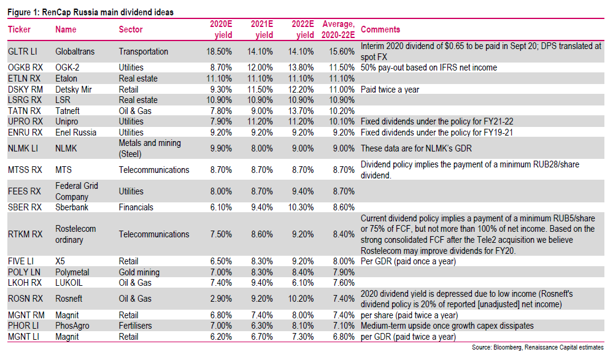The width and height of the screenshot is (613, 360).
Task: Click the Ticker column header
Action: point(19,29)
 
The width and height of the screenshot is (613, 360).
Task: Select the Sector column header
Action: point(131,29)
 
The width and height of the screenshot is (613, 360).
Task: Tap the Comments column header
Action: point(380,29)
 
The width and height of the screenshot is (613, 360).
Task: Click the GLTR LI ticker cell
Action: point(23,52)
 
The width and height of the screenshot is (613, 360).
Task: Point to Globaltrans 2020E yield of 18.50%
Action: point(219,52)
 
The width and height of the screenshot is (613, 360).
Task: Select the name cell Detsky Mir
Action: point(74,90)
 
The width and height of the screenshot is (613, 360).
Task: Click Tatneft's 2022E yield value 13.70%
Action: point(301,111)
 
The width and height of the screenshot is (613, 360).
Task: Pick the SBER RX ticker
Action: point(25,207)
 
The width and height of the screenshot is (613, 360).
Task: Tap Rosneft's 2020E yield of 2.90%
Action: point(222,299)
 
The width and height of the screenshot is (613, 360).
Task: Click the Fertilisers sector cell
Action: point(135,326)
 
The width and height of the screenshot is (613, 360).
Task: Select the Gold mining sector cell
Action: point(139,272)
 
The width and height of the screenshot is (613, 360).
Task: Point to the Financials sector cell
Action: point(136,207)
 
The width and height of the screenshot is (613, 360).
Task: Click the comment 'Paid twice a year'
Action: point(390,90)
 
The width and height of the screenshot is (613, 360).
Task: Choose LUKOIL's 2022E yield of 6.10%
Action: point(303,283)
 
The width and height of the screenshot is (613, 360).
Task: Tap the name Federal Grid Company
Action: point(77,191)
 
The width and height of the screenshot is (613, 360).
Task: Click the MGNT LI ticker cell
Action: point(23,337)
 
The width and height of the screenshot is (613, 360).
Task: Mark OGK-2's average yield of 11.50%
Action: point(342,67)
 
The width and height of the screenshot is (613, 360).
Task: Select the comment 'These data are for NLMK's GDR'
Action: point(417,148)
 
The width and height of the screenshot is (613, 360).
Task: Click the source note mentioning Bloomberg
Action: point(538,347)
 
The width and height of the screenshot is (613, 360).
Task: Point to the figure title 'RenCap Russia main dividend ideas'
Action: point(108,12)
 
